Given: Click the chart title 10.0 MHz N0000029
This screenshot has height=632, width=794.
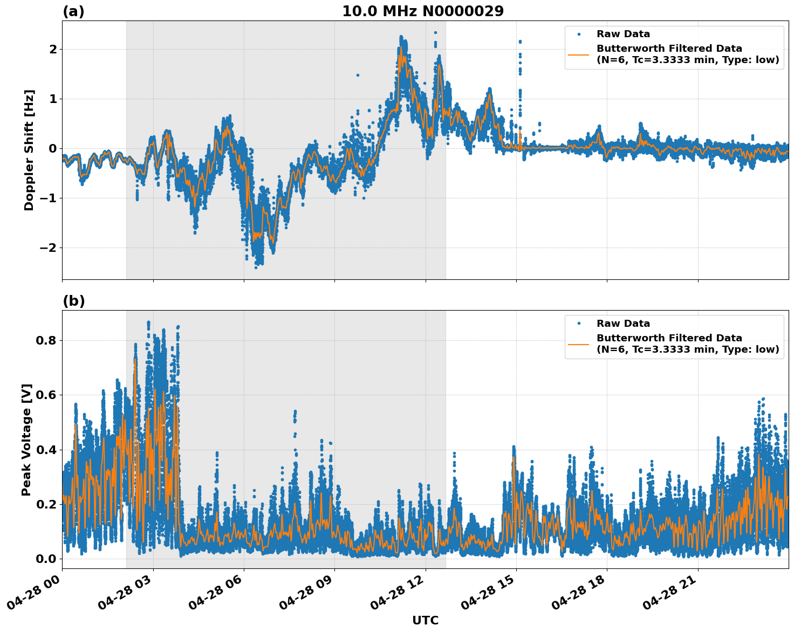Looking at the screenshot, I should click(423, 11).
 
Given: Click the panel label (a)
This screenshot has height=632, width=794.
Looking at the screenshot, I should click(73, 11).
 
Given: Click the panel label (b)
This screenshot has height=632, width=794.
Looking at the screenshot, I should click(73, 301).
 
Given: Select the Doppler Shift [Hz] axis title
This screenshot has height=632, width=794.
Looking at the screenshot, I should click(29, 150).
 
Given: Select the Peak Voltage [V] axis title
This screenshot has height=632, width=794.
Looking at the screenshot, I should click(27, 439).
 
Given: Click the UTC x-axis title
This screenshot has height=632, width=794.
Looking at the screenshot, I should click(425, 620).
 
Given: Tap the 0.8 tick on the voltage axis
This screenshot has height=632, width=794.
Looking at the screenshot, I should click(46, 340).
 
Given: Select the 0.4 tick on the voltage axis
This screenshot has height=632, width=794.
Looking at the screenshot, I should click(46, 450).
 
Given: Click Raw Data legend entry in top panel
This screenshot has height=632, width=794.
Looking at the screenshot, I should click(623, 34).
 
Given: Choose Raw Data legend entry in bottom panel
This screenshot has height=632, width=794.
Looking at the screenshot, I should click(623, 324).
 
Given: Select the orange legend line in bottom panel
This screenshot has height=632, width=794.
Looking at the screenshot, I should click(579, 344).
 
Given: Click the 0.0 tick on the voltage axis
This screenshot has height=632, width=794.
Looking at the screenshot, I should click(46, 559).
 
